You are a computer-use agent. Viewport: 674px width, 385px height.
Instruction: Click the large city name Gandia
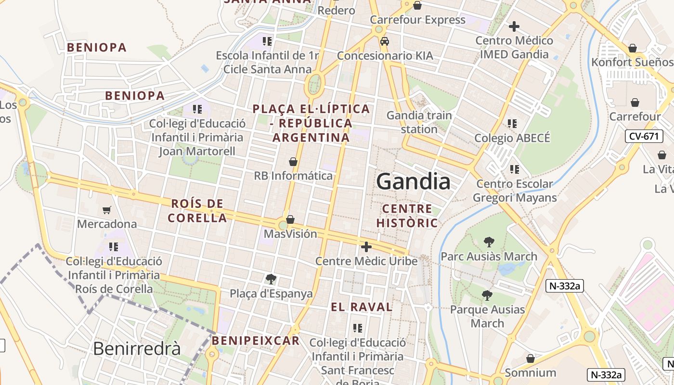pos(413,182)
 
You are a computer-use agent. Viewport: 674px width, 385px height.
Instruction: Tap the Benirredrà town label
pos(137,348)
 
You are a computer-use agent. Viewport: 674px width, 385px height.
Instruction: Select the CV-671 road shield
pos(644,136)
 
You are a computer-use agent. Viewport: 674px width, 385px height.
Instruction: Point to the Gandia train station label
pos(419,122)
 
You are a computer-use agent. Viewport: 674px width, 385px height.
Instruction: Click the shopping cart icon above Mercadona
pos(106,210)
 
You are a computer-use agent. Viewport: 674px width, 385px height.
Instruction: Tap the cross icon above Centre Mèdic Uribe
pos(366,247)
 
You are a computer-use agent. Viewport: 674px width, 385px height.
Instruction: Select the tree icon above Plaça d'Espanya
pos(271,279)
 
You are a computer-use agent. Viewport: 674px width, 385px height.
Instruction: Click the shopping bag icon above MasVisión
pos(290,220)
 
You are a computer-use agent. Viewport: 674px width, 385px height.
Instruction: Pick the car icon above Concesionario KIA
pos(384,41)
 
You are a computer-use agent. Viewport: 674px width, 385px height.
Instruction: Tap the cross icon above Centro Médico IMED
pos(514,26)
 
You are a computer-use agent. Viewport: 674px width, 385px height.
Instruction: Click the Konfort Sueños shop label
pos(632,62)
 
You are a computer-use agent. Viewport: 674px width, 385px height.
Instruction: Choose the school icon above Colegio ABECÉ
pos(512,124)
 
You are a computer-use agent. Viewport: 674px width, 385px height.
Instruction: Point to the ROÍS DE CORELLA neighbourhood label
pos(197,211)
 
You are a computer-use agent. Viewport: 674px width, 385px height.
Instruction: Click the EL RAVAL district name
pos(362,307)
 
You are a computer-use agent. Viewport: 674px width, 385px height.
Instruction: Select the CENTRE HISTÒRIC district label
pos(407,216)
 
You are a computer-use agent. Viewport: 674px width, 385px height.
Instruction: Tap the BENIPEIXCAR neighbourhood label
pos(256,341)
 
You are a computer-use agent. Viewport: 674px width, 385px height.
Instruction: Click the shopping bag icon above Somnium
pos(531,359)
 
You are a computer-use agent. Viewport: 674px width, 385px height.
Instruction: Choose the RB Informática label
pos(293,176)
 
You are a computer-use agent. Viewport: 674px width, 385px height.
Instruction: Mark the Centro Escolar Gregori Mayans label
pos(515,191)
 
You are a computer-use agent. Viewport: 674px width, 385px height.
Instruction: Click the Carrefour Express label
pos(417,20)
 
